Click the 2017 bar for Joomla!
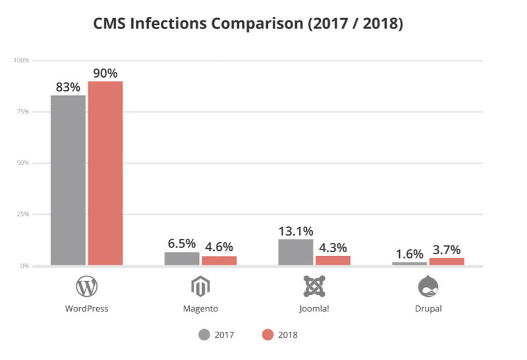click(x=296, y=252)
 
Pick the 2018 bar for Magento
click(x=219, y=261)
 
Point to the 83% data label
click(x=68, y=86)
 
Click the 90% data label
click(x=105, y=72)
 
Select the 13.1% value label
click(x=295, y=231)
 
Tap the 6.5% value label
click(x=180, y=244)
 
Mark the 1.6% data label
click(x=409, y=253)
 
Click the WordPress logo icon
click(x=87, y=286)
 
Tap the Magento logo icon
click(x=200, y=286)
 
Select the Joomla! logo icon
click(x=314, y=286)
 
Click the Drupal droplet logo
click(x=428, y=286)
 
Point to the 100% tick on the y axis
click(x=22, y=61)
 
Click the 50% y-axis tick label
click(x=23, y=163)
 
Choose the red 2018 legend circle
click(x=267, y=334)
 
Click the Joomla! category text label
click(x=314, y=308)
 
